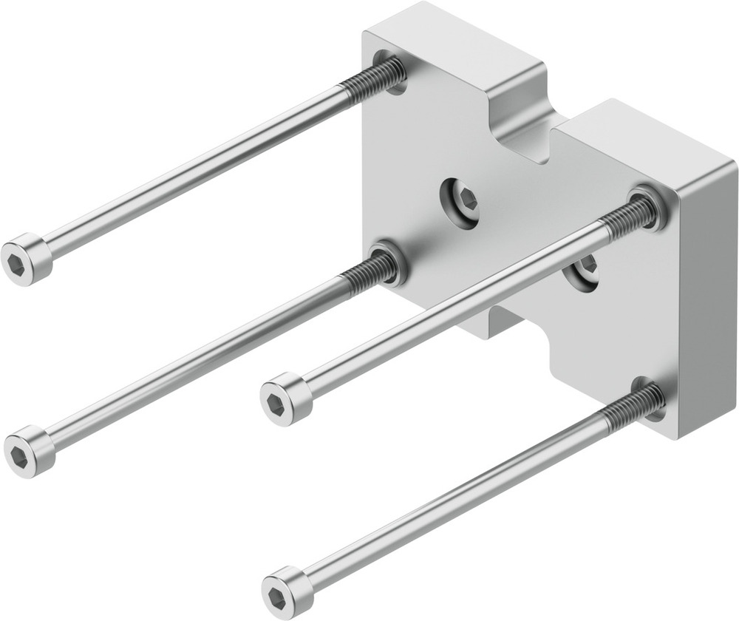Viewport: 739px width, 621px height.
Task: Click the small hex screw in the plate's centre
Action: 459,200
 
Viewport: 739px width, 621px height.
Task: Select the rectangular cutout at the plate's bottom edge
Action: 510,325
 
